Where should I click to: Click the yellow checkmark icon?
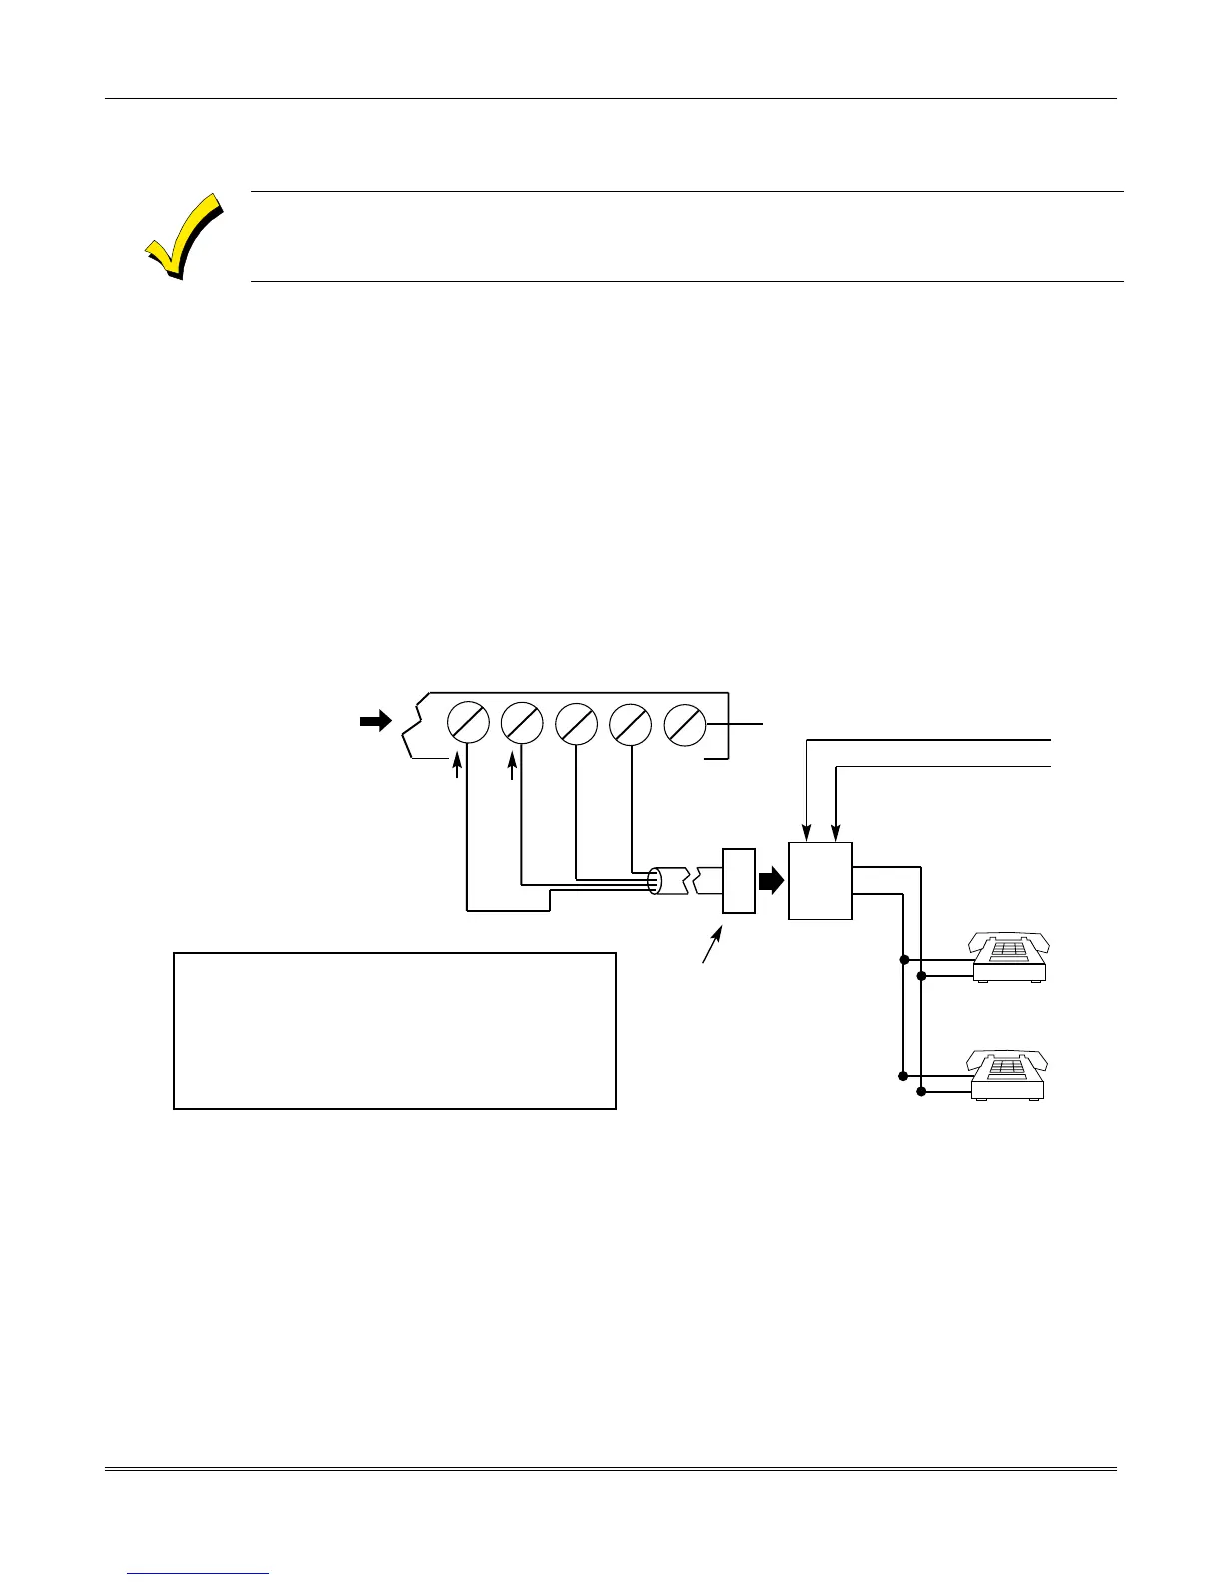click(183, 236)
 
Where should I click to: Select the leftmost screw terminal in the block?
click(468, 722)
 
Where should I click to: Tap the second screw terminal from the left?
click(522, 722)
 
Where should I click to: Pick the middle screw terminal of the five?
click(576, 722)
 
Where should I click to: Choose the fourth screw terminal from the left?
click(630, 722)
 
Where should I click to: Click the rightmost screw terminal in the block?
click(684, 722)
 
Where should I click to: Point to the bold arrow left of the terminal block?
click(376, 722)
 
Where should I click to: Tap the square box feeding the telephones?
click(820, 880)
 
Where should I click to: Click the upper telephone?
click(1010, 958)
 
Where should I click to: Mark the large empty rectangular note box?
click(394, 1030)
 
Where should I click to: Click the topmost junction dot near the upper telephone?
click(903, 959)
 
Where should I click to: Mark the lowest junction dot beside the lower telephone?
click(921, 1091)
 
